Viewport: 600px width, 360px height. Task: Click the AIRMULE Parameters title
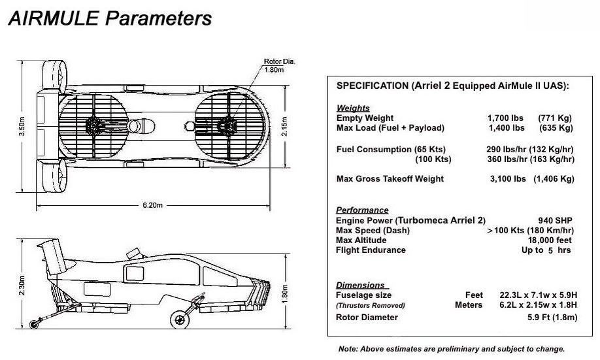point(110,18)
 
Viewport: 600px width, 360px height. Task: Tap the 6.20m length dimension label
point(152,205)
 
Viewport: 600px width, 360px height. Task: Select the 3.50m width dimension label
point(22,126)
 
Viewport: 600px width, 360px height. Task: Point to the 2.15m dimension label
point(284,126)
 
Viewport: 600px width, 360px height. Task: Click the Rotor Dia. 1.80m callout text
point(279,65)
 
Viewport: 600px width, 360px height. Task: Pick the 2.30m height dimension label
point(22,285)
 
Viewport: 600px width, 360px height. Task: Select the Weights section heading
point(353,108)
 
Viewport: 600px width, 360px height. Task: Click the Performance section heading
point(362,210)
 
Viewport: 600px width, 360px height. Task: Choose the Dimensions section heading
point(361,285)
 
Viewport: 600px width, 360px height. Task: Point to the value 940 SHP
point(555,220)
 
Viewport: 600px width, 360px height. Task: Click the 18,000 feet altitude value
point(550,240)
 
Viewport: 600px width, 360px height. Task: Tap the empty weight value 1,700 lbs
point(505,118)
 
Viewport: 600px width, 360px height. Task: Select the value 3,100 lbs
point(508,178)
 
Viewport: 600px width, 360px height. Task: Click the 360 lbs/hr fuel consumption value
point(507,159)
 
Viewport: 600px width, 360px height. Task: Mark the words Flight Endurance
point(371,250)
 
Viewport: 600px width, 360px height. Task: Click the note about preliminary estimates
point(452,349)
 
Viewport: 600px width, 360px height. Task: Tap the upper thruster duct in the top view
point(54,77)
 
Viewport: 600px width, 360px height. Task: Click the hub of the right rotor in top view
point(227,126)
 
